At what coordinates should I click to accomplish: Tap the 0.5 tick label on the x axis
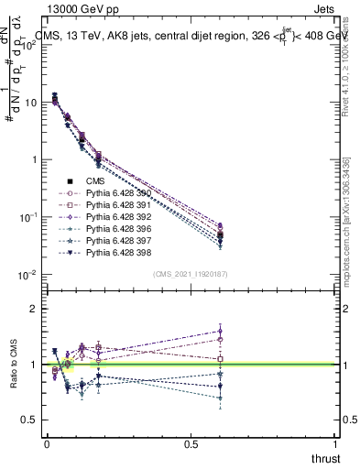pyautogui.click(x=191, y=444)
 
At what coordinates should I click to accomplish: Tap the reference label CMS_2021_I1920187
pyautogui.click(x=191, y=274)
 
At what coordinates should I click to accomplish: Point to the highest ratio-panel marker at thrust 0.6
pyautogui.click(x=221, y=332)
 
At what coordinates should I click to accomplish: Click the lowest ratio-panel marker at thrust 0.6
pyautogui.click(x=221, y=398)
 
